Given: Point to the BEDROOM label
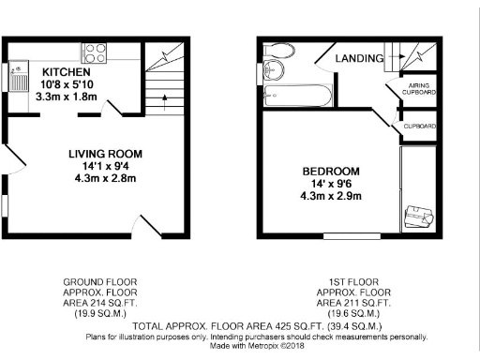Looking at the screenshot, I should [330, 171].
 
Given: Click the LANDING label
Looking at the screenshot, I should [360, 58].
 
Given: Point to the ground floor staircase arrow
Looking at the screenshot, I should [165, 94].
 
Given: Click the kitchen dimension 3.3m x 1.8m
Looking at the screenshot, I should [66, 96].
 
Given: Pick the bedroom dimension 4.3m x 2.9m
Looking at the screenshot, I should [331, 197].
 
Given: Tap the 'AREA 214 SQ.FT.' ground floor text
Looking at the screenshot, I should [91, 304].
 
